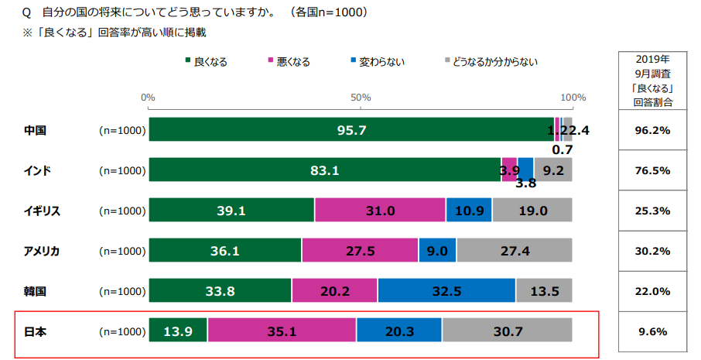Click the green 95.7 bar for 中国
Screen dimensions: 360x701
[x=351, y=130]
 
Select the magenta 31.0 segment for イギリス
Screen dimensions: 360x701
[x=380, y=211]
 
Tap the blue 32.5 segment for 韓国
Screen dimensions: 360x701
[x=446, y=291]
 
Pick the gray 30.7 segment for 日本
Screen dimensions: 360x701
[x=507, y=331]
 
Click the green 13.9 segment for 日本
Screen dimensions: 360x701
[x=178, y=331]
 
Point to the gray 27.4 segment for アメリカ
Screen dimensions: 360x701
[x=514, y=251]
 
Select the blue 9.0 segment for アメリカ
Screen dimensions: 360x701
[x=437, y=251]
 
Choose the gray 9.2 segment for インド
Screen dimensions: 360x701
[x=553, y=170]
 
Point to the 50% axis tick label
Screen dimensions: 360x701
[x=361, y=98]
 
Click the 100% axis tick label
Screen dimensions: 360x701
[x=573, y=98]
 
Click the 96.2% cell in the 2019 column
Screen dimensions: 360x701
[x=651, y=130]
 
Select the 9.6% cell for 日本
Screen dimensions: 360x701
[x=651, y=331]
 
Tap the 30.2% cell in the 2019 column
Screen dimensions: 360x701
[x=651, y=251]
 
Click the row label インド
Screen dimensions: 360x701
[x=37, y=170]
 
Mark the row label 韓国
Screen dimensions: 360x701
[x=36, y=291]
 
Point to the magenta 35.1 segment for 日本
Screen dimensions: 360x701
[x=282, y=331]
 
